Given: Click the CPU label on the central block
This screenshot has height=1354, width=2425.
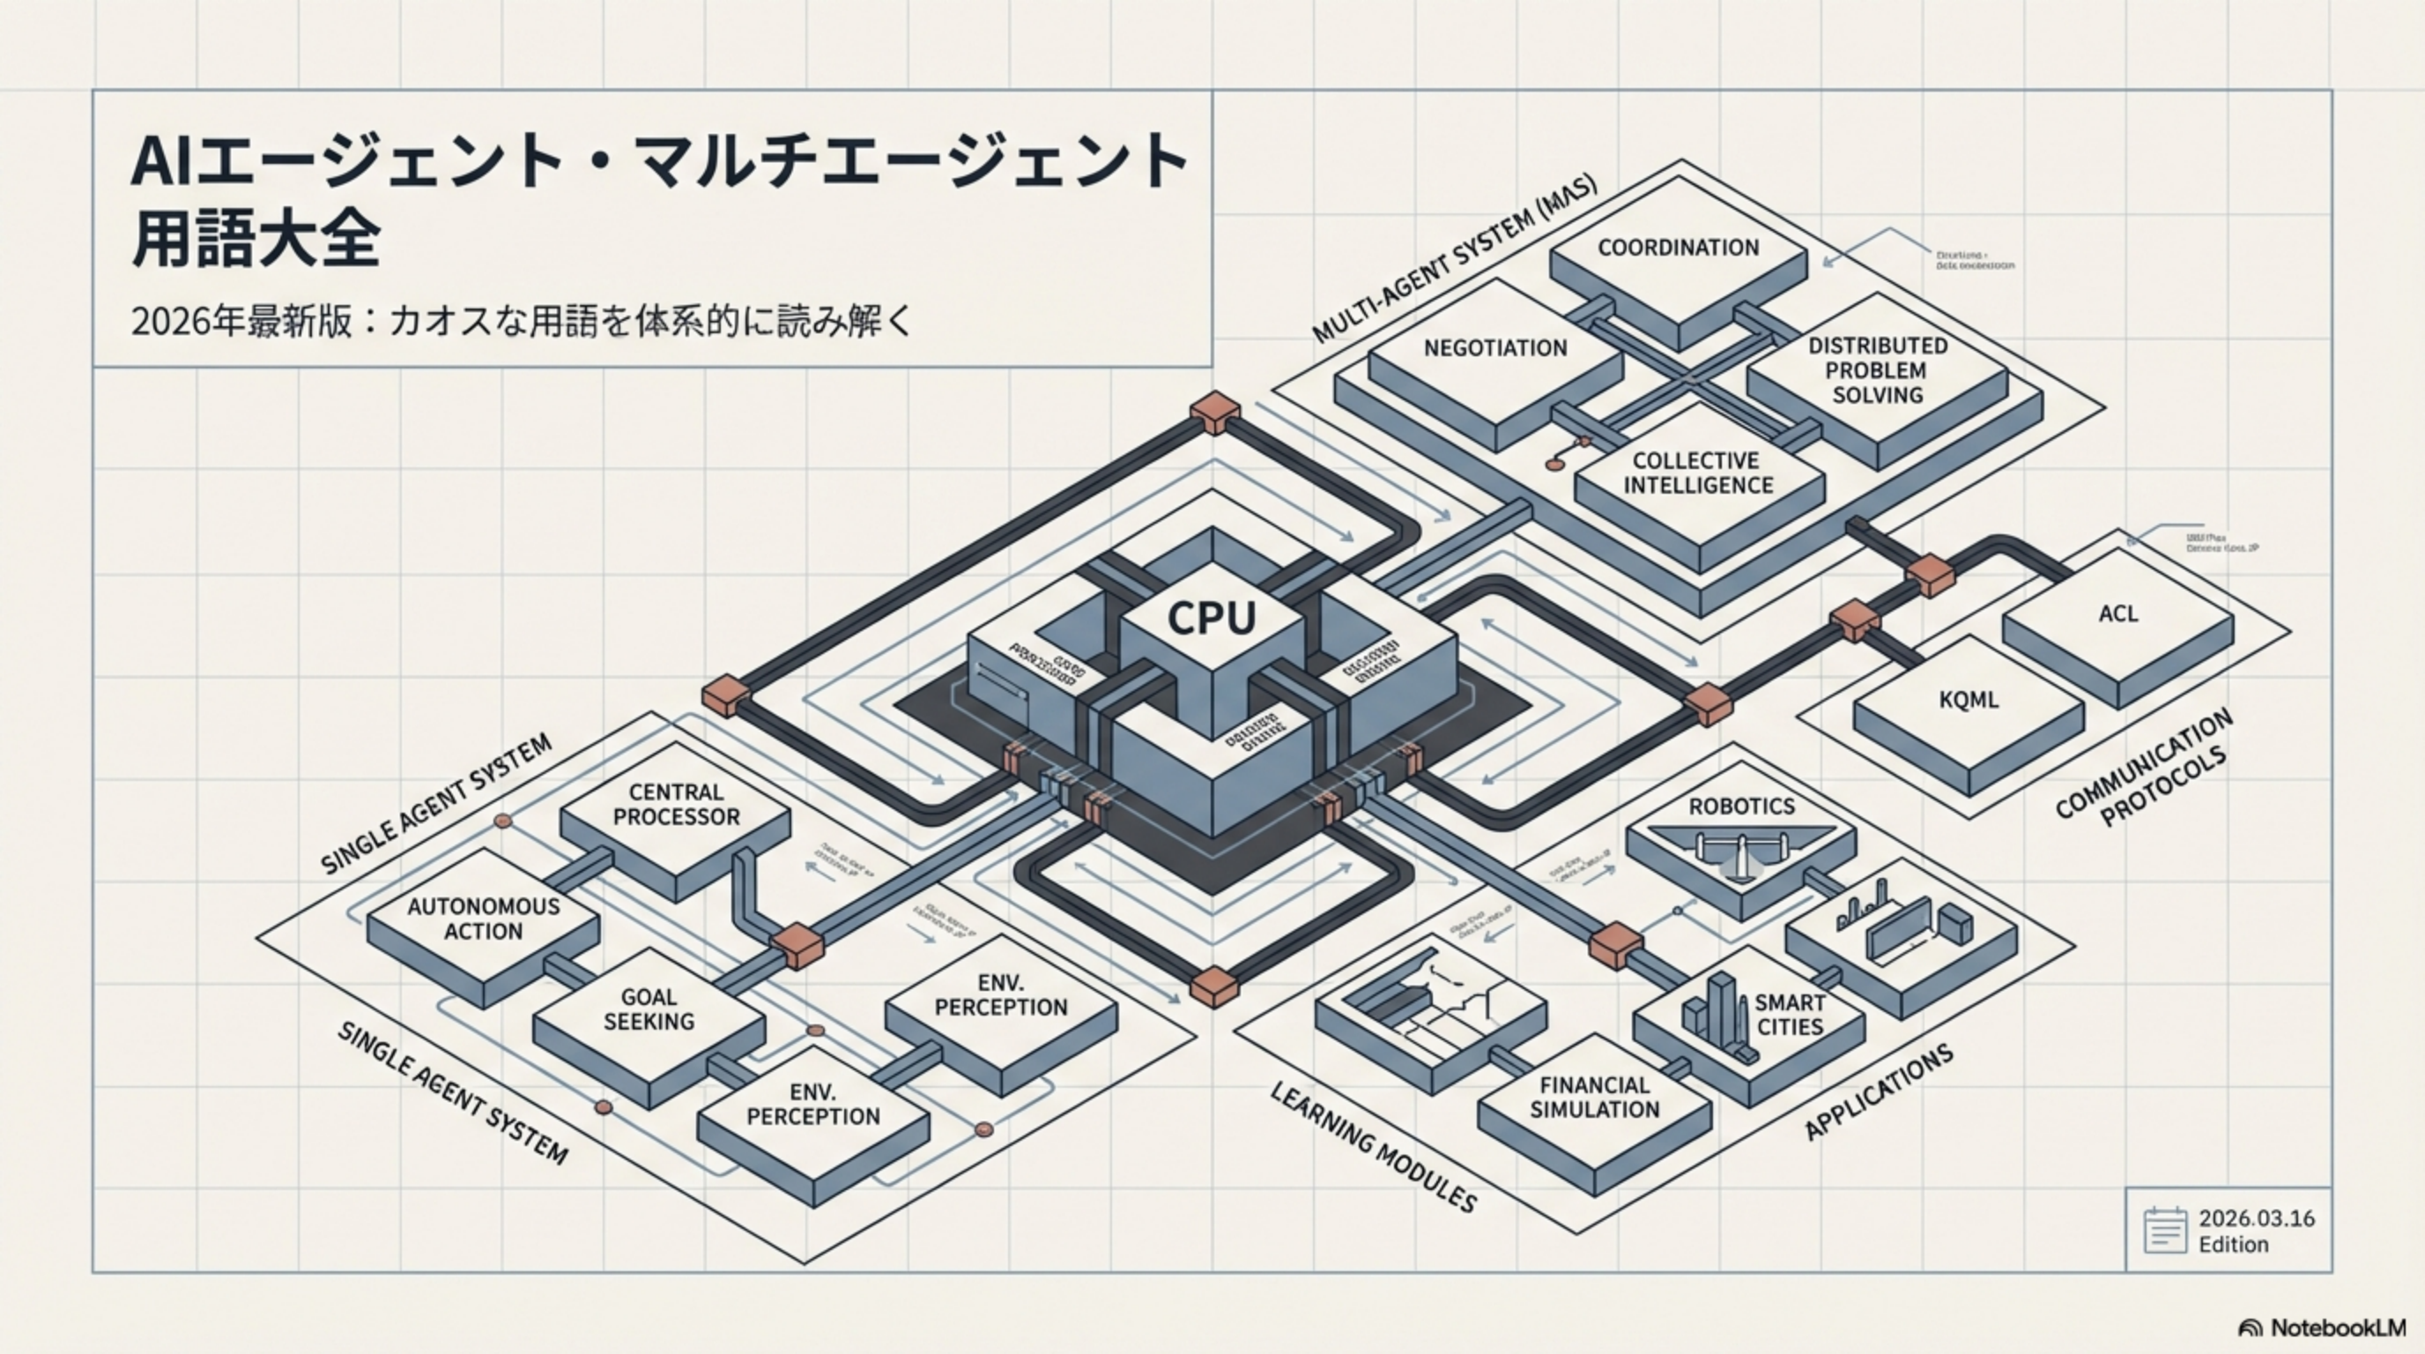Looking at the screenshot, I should [x=1212, y=619].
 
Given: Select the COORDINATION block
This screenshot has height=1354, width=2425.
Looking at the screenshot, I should [x=1678, y=248].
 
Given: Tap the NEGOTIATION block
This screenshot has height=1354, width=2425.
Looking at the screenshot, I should [x=1494, y=348].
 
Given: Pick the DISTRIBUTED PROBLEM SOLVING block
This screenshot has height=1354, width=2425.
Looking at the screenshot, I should [x=1877, y=370].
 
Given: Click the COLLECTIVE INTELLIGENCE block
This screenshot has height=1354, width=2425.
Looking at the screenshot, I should [x=1697, y=472].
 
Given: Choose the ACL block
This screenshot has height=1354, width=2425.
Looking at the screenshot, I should [x=2118, y=614].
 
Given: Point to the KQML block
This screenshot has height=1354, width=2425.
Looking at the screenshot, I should [x=1969, y=701].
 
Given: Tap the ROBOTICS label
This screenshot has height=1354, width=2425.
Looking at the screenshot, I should [x=1741, y=807].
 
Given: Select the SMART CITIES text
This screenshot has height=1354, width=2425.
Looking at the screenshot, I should [x=1790, y=1014].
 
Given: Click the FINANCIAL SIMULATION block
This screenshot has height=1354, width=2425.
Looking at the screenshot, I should [x=1594, y=1097].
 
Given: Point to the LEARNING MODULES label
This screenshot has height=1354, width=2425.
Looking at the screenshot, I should [x=1374, y=1146].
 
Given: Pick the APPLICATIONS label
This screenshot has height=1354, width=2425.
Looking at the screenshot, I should [x=1878, y=1092].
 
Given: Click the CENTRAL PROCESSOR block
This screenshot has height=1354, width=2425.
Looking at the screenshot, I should [x=676, y=805].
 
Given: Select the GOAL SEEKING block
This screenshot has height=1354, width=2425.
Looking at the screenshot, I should [x=649, y=1009].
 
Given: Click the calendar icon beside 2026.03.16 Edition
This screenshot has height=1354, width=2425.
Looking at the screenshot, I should [x=2164, y=1231].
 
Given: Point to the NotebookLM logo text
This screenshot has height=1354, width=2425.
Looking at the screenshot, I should [x=2337, y=1328].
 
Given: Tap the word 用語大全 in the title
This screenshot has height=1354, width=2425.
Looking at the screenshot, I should [x=256, y=241].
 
